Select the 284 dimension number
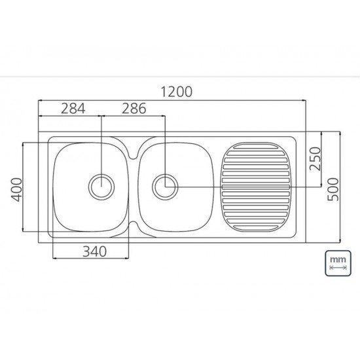click(73, 109)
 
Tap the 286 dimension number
click(134, 109)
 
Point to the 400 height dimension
click(17, 189)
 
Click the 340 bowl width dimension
click(96, 249)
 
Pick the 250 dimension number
click(315, 158)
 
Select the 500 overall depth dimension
click(333, 189)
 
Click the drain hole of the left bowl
click(101, 187)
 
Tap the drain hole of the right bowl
click(165, 187)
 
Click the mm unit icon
click(338, 263)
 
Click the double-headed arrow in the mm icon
click(338, 268)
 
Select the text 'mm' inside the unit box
click(338, 259)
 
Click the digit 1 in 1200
click(160, 92)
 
